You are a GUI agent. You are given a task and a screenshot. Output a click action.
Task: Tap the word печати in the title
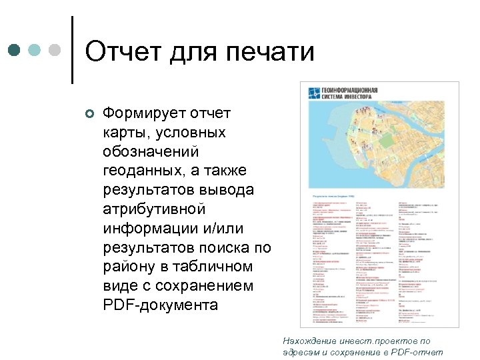[271, 51]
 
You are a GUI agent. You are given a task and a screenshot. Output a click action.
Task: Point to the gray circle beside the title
[55, 51]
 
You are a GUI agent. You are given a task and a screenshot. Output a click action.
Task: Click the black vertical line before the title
[71, 50]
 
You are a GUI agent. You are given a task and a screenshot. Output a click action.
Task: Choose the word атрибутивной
[153, 209]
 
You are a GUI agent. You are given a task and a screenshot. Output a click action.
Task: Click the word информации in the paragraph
[145, 229]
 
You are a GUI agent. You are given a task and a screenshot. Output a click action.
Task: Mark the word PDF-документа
[161, 305]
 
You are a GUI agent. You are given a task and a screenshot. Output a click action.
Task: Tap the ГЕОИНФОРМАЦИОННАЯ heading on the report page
[350, 90]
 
